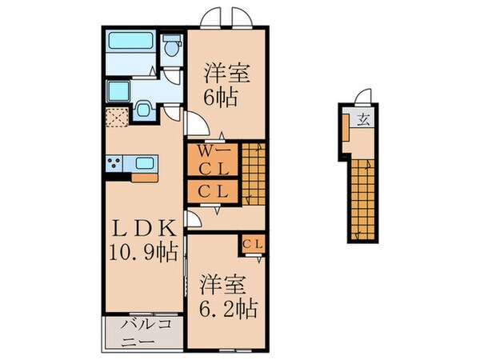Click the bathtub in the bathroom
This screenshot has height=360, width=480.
click(x=130, y=40)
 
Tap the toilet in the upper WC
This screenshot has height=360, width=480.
click(x=170, y=48)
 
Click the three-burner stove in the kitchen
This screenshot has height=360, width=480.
click(x=114, y=164)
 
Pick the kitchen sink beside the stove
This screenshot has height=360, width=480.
click(x=145, y=163)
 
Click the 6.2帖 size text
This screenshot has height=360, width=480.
click(x=226, y=308)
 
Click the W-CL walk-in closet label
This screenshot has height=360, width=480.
click(x=213, y=160)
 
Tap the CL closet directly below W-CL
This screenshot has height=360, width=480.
click(x=213, y=192)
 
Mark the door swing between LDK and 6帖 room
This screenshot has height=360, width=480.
click(x=195, y=124)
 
